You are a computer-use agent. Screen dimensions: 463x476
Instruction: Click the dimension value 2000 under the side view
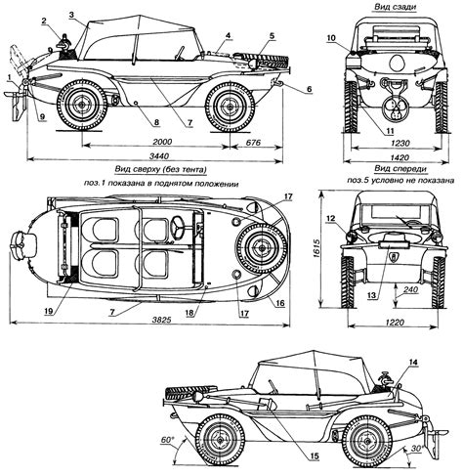click(x=162, y=142)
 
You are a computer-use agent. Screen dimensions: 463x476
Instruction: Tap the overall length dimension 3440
click(x=159, y=156)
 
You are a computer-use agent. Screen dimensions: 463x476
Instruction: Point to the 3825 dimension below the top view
click(x=161, y=320)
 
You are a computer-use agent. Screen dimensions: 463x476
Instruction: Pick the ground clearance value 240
click(x=410, y=289)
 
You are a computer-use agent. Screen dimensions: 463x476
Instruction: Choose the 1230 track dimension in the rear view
click(x=400, y=143)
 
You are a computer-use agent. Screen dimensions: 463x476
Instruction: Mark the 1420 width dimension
click(x=400, y=157)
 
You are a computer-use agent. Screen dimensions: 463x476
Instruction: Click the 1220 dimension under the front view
click(x=395, y=323)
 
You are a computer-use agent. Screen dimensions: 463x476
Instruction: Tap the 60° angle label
click(x=166, y=440)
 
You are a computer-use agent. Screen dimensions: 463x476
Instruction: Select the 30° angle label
click(x=416, y=448)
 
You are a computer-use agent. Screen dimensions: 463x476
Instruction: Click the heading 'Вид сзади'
click(x=395, y=7)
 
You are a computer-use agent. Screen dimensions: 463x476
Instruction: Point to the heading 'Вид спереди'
click(x=400, y=168)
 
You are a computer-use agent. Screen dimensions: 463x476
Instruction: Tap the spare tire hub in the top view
click(x=261, y=248)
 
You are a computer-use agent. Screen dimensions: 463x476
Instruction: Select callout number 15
click(x=315, y=456)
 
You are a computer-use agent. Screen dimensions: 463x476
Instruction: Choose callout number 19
click(x=49, y=310)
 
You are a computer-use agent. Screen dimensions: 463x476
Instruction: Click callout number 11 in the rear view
click(x=390, y=131)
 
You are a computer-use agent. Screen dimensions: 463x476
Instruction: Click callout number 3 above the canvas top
click(x=71, y=14)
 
